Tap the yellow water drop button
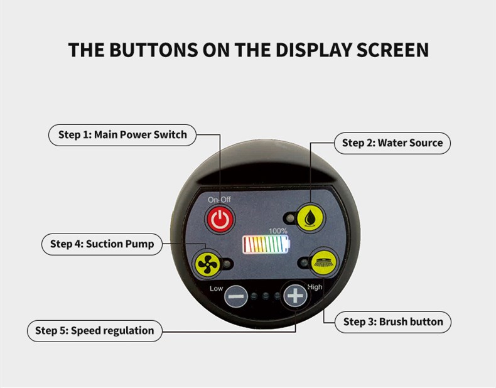click(x=310, y=218)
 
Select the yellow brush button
click(x=324, y=263)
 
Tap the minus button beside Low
click(x=236, y=296)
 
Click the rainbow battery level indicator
click(x=266, y=244)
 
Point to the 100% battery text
click(x=278, y=231)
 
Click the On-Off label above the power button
click(x=219, y=200)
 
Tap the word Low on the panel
click(x=217, y=288)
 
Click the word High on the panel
click(x=315, y=287)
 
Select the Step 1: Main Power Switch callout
click(x=122, y=135)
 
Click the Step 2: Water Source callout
click(x=392, y=143)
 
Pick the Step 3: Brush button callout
click(x=393, y=322)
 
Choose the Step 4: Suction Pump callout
click(x=102, y=244)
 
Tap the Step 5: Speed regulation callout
click(x=95, y=331)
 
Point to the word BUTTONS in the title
click(x=153, y=50)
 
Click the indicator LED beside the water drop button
click(x=289, y=218)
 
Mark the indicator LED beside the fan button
click(x=227, y=264)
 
